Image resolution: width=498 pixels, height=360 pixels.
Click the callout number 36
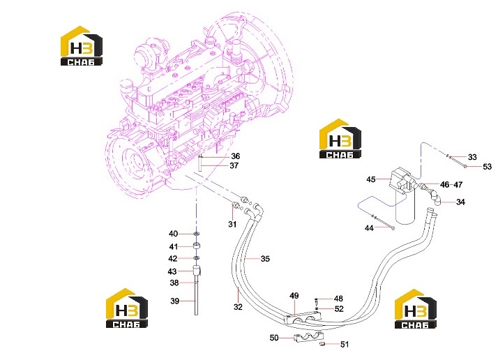[x=235, y=156]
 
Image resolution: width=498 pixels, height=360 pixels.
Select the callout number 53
[x=488, y=167]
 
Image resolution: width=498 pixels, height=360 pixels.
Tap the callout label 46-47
[x=451, y=184]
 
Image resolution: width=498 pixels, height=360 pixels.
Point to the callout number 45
[x=371, y=179]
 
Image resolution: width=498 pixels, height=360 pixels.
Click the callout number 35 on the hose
[x=265, y=259]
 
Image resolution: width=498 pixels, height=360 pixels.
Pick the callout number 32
[x=238, y=307]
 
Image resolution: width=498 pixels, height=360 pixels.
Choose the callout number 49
[x=294, y=296]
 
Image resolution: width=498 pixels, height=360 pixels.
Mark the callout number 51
[x=345, y=344]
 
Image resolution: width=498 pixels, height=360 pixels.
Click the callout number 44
[x=369, y=228]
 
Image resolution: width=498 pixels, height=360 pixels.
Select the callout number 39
[x=174, y=301]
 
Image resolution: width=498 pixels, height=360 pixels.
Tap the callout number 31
[x=232, y=225]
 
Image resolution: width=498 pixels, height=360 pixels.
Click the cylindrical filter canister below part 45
[x=406, y=206]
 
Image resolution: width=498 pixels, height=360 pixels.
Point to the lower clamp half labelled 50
[x=308, y=338]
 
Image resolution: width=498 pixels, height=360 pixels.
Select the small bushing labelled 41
[x=197, y=246]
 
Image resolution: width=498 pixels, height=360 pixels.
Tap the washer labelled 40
[x=197, y=234]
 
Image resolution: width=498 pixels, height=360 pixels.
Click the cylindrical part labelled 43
[x=197, y=271]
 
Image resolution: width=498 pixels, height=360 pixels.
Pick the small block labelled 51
[x=322, y=344]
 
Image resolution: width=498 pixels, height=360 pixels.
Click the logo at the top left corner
[x=82, y=46]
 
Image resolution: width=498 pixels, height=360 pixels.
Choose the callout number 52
[x=339, y=309]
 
